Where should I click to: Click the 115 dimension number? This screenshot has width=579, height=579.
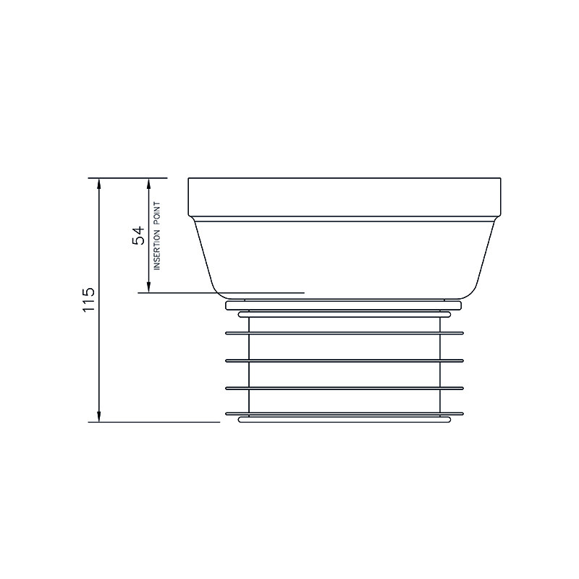coord(88,300)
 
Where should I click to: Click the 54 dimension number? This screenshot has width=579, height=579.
coord(138,235)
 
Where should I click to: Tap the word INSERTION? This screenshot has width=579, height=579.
coord(157,250)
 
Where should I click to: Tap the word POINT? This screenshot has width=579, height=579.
coord(157,214)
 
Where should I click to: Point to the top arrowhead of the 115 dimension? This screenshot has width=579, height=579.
coord(99,183)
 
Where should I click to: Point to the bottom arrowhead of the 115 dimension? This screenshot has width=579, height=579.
coord(99,417)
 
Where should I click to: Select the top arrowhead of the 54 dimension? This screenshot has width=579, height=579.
coord(149,183)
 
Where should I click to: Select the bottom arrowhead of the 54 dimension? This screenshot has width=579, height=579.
coord(149,287)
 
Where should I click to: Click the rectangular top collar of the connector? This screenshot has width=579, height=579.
coord(345,198)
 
